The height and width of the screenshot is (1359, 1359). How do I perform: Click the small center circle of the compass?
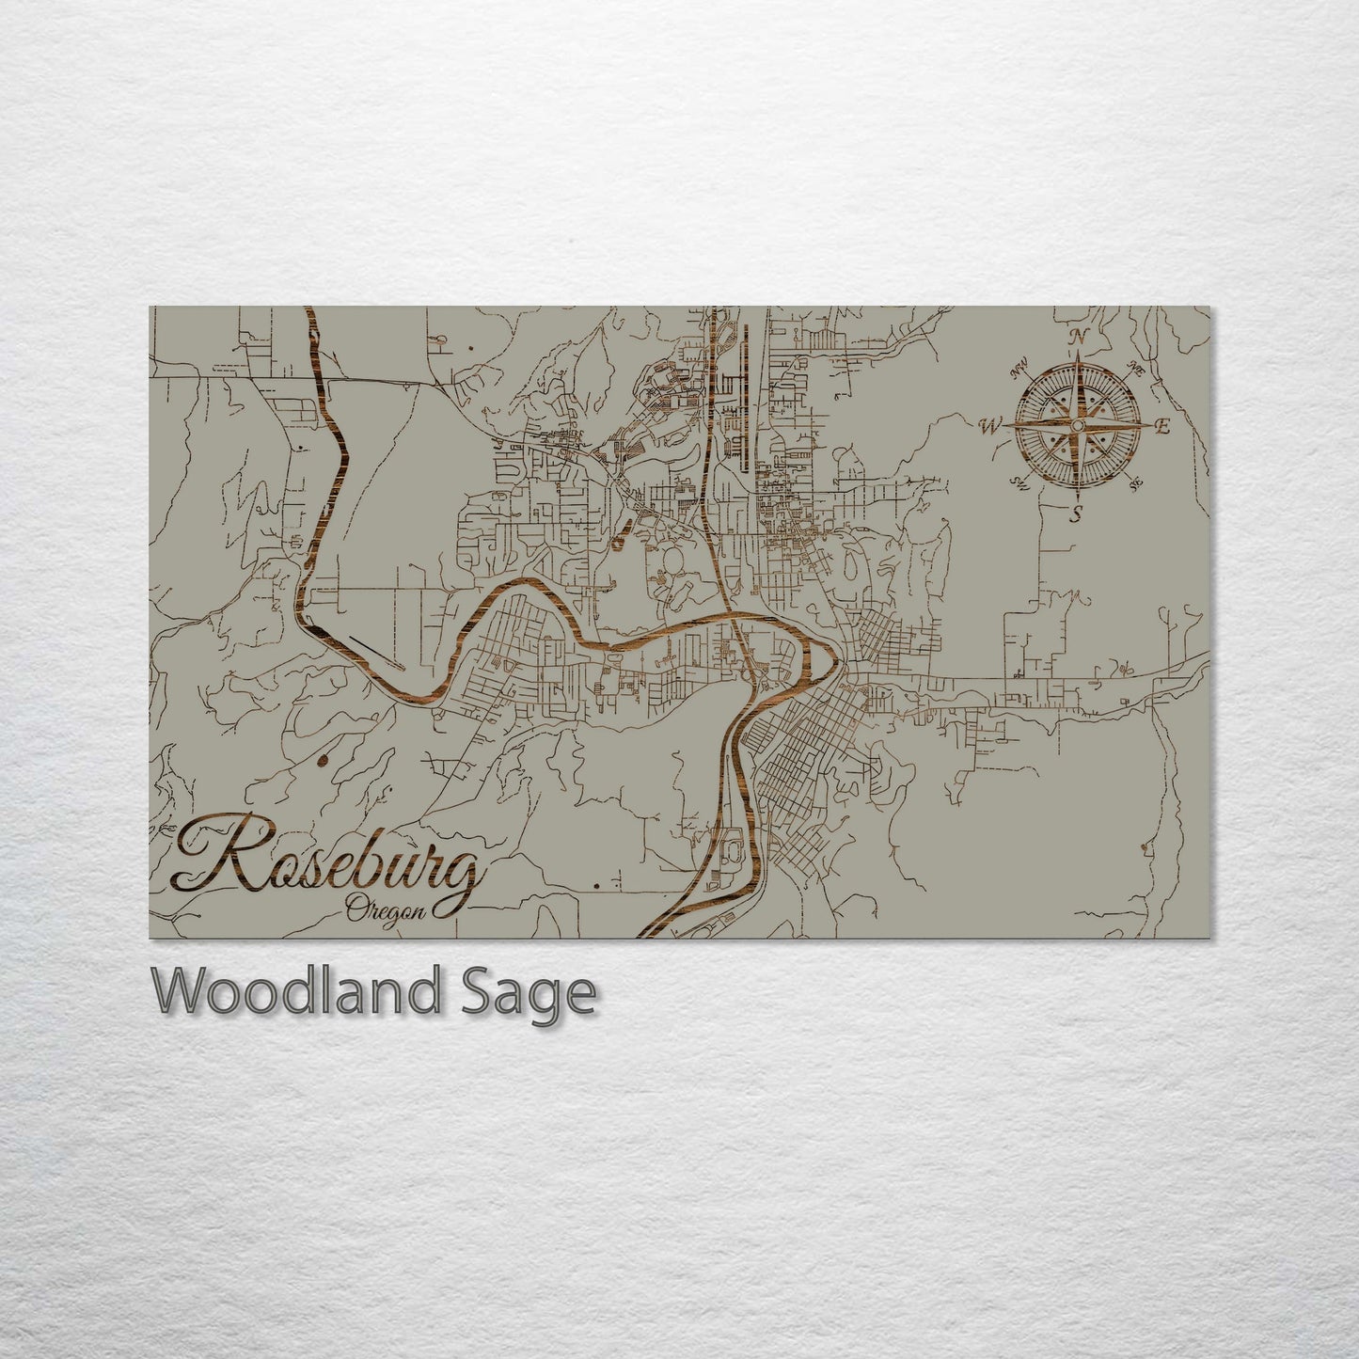point(1077,426)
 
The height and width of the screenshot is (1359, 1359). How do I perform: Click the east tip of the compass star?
point(1147,426)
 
